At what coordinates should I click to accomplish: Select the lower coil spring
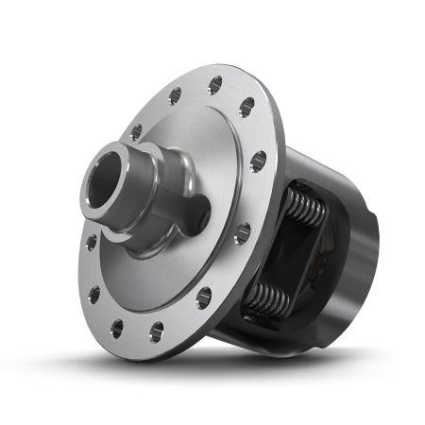[270, 298]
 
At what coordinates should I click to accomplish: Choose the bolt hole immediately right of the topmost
[247, 107]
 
